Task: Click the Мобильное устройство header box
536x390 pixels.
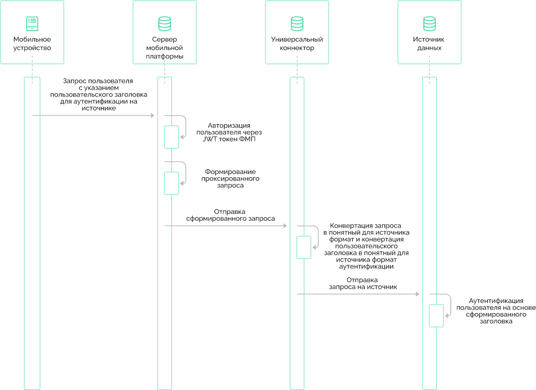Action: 32,32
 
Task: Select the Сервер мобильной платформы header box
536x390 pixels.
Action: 165,32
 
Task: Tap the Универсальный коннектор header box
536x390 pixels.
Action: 297,32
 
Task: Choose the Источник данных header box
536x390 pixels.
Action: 429,32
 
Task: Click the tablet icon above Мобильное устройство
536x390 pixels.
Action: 32,23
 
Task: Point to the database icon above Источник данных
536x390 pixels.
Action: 429,23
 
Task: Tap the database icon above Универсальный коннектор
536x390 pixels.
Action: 297,23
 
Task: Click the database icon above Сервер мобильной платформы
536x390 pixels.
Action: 165,23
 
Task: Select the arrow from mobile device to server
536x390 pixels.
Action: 93,115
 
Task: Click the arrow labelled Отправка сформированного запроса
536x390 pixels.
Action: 226,226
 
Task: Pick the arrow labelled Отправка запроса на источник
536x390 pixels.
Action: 358,294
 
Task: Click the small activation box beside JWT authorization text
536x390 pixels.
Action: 171,137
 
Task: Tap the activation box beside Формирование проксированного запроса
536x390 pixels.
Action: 171,183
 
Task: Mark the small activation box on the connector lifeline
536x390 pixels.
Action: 304,247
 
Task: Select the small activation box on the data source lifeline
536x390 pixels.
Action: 436,316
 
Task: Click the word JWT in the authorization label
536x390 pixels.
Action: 210,140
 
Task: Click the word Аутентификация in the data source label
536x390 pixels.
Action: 496,301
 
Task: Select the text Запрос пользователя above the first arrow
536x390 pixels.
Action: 98,81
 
